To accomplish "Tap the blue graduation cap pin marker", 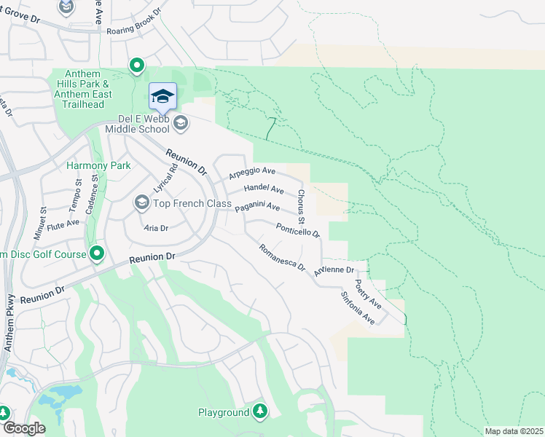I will pyautogui.click(x=162, y=95).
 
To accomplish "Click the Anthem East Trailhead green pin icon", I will pyautogui.click(x=136, y=66).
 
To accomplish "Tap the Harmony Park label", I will pyautogui.click(x=98, y=165).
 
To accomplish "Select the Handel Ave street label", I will pyautogui.click(x=263, y=189).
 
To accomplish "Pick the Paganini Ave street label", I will pyautogui.click(x=257, y=208).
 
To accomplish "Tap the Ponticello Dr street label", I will pyautogui.click(x=298, y=230).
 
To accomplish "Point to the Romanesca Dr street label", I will pyautogui.click(x=282, y=257).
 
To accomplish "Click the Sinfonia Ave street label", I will pyautogui.click(x=358, y=308).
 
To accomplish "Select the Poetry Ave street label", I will pyautogui.click(x=368, y=293).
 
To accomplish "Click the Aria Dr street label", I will pyautogui.click(x=156, y=228).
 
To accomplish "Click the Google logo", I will pyautogui.click(x=24, y=428).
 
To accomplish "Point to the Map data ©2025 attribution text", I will pyautogui.click(x=514, y=431).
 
